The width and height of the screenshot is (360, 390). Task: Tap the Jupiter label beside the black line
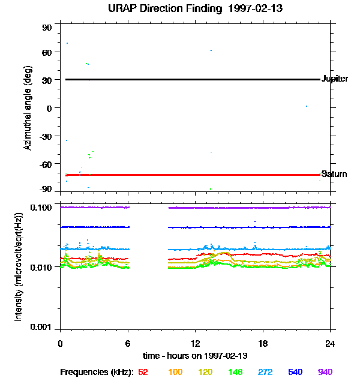335,79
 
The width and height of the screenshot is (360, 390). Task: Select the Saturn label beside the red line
334,174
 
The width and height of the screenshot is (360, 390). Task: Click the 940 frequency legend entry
325,372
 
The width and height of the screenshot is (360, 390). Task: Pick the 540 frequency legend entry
295,372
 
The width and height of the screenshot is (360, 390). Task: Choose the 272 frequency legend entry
265,372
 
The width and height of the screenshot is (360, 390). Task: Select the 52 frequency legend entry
143,372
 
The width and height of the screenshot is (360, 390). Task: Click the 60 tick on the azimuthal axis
47,52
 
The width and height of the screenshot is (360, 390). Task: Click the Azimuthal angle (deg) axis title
28,108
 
